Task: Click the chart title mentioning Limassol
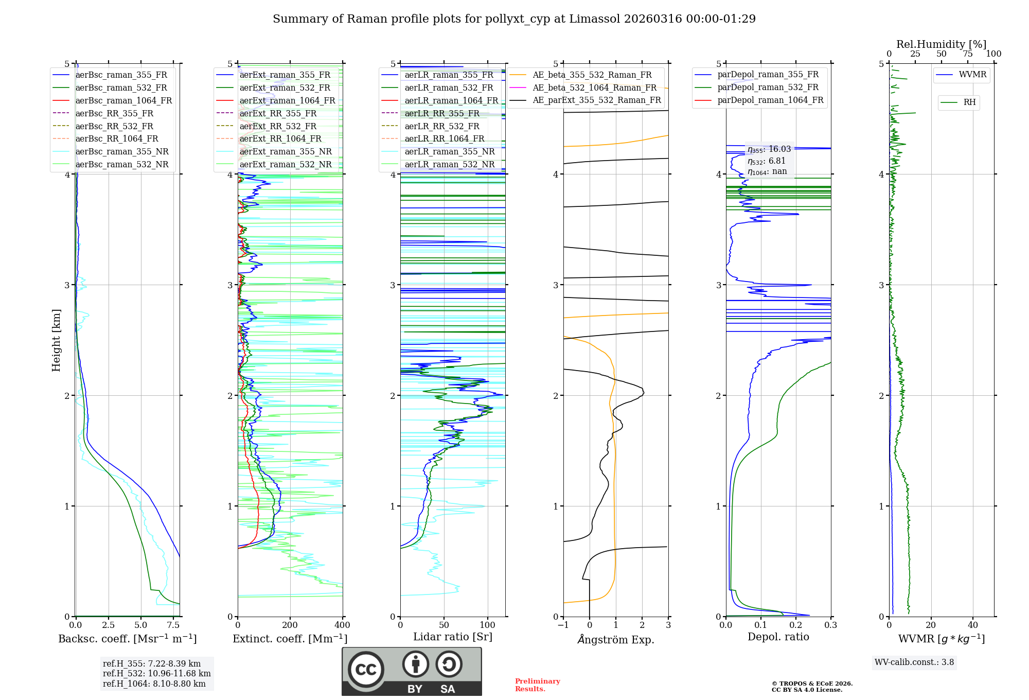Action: point(514,19)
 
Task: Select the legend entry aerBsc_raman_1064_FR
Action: point(123,100)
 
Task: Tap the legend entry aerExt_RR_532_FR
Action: point(280,126)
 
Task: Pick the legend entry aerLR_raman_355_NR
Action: point(449,151)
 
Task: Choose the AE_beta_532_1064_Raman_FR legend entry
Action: point(594,87)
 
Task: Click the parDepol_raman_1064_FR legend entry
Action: point(770,100)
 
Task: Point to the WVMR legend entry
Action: point(972,75)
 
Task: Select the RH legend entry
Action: point(969,102)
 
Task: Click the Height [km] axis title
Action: point(56,340)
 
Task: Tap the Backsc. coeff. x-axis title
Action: point(127,639)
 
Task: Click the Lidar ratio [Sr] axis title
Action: point(452,637)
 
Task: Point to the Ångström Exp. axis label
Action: point(616,639)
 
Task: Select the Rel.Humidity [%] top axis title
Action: point(941,44)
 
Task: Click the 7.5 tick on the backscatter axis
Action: point(173,625)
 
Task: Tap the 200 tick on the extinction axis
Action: point(290,625)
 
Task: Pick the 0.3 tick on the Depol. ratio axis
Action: point(830,625)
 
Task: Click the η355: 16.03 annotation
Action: point(769,149)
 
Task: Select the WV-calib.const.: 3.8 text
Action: point(914,662)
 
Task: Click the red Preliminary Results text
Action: point(537,685)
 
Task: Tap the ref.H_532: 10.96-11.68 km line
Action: point(156,673)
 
